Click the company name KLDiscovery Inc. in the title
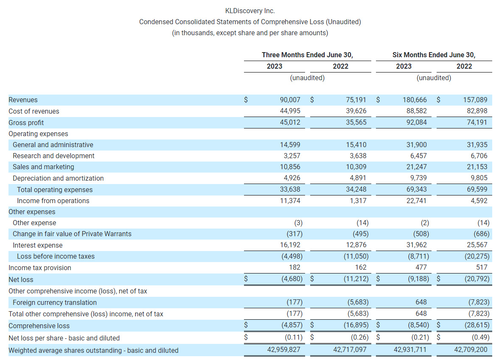(250, 11)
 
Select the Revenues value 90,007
(290, 100)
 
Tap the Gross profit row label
(26, 123)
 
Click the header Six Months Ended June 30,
(434, 55)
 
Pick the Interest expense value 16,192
(290, 245)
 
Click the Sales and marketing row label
(43, 167)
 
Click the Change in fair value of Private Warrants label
(72, 234)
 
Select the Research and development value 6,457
(417, 156)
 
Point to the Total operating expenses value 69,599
(477, 190)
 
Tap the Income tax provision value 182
(294, 268)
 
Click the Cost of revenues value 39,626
(356, 111)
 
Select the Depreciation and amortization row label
(58, 179)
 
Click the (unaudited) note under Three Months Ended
(307, 78)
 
